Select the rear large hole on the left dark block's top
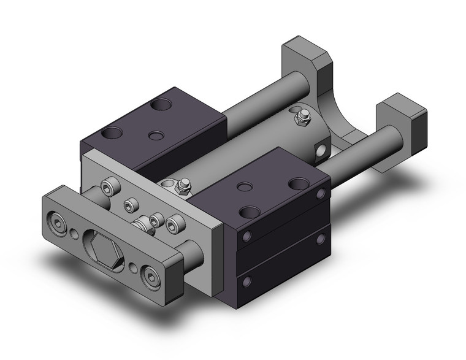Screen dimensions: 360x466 click(x=164, y=104)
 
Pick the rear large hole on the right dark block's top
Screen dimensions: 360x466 click(x=297, y=182)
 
